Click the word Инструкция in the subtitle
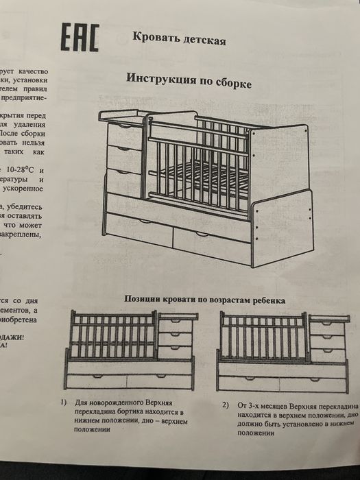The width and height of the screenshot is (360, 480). coord(162,78)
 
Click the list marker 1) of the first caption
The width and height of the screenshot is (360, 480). coord(63,401)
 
